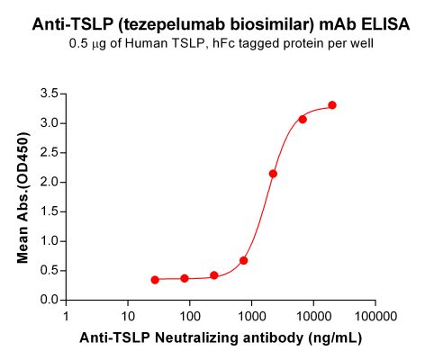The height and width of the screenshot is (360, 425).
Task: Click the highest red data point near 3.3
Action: (x=332, y=105)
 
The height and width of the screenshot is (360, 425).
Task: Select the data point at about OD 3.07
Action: (x=303, y=119)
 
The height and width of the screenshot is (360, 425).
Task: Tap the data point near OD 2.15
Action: (x=273, y=174)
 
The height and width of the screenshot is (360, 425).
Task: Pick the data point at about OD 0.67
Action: (x=244, y=260)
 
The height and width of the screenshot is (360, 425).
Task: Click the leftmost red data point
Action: (x=155, y=280)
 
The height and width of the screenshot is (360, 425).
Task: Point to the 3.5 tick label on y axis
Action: (x=50, y=94)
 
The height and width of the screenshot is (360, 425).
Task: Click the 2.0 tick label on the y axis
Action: (x=50, y=182)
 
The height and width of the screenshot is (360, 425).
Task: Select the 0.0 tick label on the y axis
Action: (x=50, y=300)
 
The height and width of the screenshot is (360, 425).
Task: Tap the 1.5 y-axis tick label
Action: (x=50, y=211)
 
